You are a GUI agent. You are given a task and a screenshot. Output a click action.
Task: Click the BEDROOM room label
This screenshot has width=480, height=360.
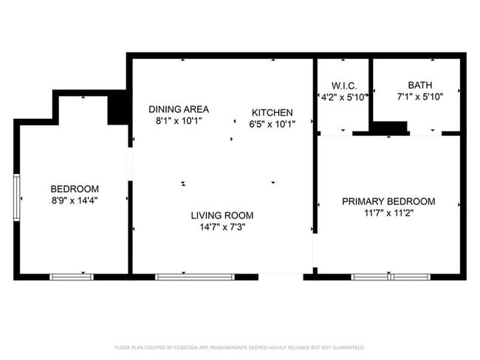coord(74,189)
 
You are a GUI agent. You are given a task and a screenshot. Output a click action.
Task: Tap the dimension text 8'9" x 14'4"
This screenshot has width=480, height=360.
coord(74,200)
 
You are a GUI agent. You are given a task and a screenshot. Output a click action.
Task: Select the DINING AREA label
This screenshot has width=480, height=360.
coord(178,108)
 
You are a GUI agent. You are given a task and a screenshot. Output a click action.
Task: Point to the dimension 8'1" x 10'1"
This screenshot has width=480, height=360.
coord(178,120)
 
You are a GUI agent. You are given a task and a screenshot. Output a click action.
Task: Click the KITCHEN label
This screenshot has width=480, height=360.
coord(272,113)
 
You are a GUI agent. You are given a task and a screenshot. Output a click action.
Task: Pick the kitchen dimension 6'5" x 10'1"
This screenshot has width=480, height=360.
coord(272,124)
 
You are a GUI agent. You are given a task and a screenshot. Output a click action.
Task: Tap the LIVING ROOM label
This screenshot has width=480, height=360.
coord(222,215)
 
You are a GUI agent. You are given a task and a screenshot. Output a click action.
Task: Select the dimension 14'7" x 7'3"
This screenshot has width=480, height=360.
coord(222,227)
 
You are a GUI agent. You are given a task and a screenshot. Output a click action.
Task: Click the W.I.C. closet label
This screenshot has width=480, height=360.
coord(343,85)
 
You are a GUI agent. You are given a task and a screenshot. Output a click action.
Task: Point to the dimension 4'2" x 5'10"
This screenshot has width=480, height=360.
coord(343,97)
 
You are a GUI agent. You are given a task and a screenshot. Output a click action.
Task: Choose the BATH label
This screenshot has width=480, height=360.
coord(420,85)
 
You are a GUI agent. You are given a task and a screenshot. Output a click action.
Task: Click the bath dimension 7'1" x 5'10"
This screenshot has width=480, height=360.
coord(420,96)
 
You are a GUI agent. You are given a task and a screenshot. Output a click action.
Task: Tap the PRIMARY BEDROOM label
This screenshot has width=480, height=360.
coord(388,201)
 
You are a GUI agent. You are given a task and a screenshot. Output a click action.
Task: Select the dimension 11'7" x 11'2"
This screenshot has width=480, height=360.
coord(388,213)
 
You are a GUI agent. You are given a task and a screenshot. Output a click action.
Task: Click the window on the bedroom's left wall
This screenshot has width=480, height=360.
coord(17,196)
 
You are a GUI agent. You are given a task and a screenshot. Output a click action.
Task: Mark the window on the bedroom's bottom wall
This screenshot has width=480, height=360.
coord(72,277)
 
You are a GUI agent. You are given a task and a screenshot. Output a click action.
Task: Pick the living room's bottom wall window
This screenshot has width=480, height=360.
coord(195,277)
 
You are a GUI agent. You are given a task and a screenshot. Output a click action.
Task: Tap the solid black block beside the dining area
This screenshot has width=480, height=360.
coord(117,109)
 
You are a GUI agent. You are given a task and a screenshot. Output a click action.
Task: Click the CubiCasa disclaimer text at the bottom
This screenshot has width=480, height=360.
coord(239,347)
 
